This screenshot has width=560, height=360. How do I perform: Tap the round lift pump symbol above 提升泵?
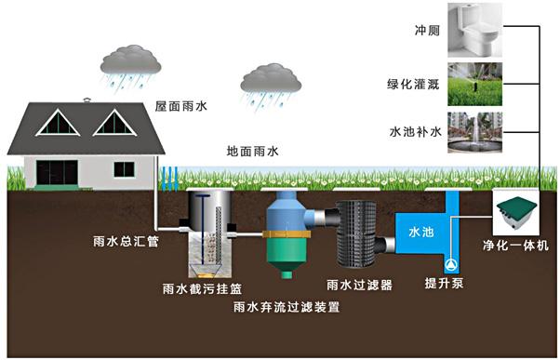click(453, 263)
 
